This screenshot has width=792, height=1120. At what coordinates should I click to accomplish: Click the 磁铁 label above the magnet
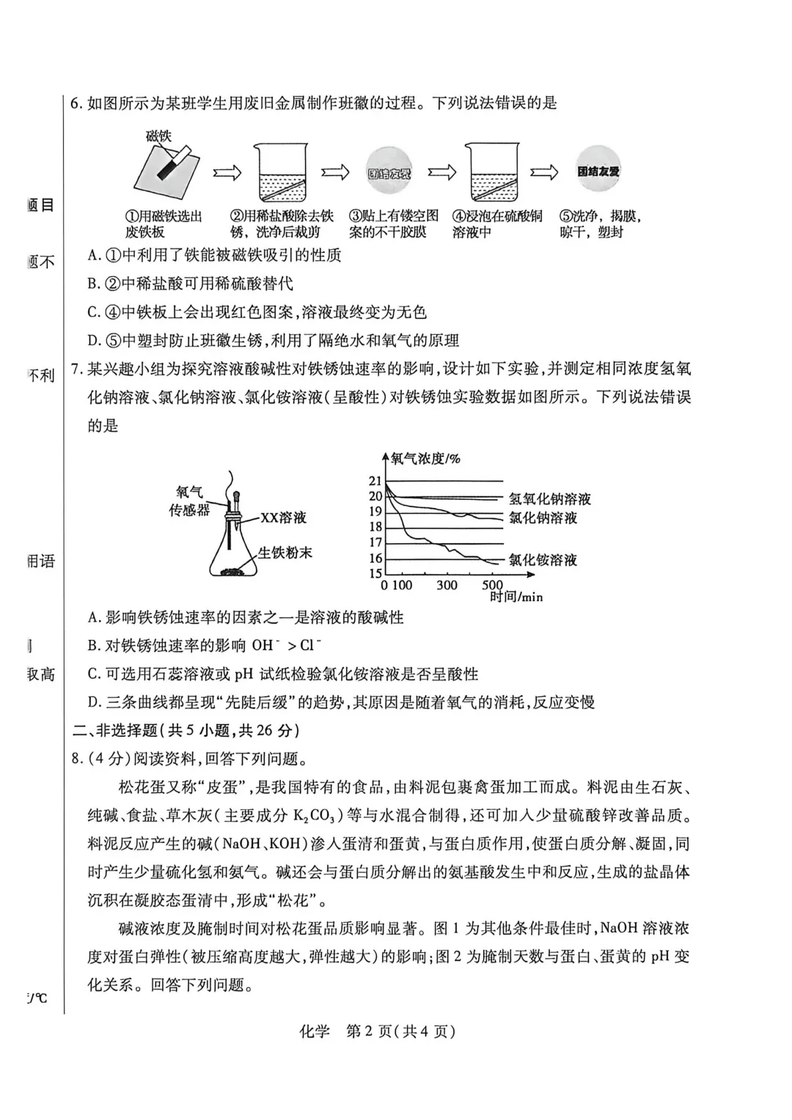point(158,136)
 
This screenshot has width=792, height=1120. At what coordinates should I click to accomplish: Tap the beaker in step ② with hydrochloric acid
point(281,173)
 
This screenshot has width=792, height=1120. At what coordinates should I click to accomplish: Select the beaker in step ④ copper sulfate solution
point(491,173)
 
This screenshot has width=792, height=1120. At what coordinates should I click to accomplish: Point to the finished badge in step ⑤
point(598,172)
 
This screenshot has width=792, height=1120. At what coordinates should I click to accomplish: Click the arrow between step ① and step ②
point(227,173)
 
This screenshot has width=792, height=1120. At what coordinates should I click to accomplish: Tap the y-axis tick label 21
point(375,481)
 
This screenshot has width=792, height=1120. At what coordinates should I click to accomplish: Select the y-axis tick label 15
point(375,574)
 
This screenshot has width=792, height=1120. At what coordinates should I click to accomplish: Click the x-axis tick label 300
point(447,585)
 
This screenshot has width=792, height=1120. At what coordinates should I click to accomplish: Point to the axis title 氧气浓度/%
point(425,459)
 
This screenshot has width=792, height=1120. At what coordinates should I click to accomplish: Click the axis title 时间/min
point(516,597)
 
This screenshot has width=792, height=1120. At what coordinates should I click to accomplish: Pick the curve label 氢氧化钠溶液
point(549,499)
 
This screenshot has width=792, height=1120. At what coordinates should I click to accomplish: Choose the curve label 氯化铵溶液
point(543,560)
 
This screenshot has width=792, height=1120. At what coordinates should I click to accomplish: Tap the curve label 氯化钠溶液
point(543,517)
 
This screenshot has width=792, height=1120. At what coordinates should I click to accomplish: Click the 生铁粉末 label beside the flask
point(285,553)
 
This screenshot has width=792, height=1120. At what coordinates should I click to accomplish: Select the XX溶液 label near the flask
point(284,517)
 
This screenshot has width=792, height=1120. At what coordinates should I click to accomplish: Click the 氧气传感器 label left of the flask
point(189,501)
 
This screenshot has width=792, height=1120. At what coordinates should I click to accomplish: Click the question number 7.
point(76,369)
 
